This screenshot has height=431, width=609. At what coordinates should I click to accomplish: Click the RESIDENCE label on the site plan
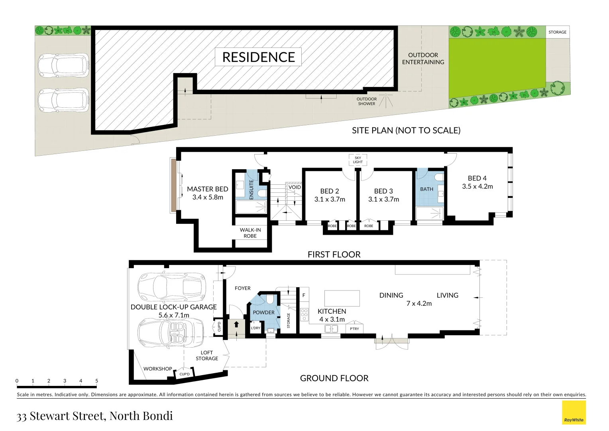click(258, 57)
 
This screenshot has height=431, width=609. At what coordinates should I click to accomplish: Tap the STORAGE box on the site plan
click(557, 32)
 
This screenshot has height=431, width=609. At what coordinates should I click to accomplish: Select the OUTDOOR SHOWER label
click(367, 101)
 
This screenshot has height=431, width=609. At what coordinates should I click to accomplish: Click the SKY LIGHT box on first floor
click(358, 160)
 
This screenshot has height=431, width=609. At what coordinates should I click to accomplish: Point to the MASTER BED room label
click(208, 189)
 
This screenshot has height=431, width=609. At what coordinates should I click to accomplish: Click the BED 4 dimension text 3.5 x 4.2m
click(477, 186)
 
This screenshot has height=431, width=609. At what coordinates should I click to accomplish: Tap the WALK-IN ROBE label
click(250, 233)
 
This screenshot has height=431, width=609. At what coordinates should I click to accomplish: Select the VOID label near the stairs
click(295, 187)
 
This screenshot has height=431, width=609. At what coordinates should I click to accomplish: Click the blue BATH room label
click(426, 189)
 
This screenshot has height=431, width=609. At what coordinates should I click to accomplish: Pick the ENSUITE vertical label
click(251, 190)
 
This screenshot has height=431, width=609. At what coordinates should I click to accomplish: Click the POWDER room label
click(263, 312)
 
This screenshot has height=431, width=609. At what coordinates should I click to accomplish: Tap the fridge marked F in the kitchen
click(304, 295)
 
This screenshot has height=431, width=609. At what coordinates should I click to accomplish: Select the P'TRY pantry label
click(354, 329)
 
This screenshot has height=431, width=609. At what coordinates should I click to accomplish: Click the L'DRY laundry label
click(255, 328)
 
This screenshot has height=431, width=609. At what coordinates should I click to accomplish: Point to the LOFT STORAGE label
click(207, 356)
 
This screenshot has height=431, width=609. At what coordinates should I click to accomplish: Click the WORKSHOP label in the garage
click(158, 369)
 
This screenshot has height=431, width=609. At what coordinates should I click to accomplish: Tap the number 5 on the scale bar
click(96, 381)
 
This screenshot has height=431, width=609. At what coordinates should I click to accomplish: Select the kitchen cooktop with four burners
click(304, 314)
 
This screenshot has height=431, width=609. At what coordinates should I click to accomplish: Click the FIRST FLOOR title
click(334, 255)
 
